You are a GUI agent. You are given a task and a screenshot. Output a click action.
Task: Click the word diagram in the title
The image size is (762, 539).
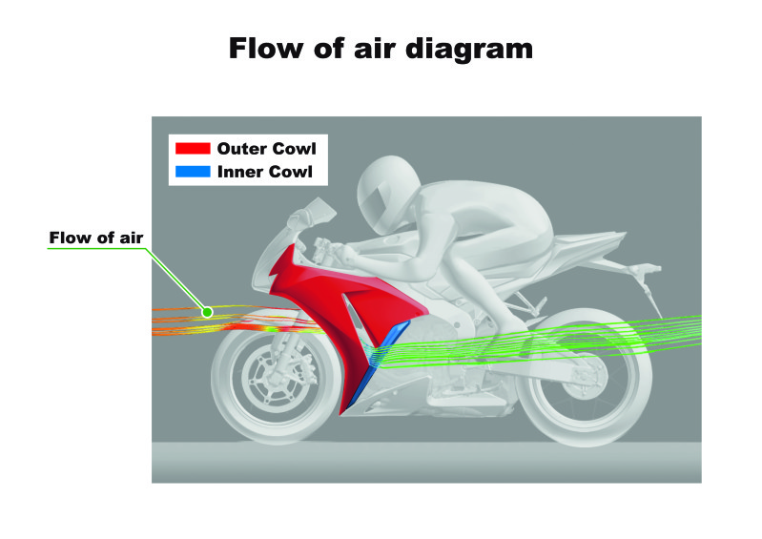(x=469, y=50)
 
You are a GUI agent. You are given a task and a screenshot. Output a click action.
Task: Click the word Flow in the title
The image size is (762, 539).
(x=266, y=48)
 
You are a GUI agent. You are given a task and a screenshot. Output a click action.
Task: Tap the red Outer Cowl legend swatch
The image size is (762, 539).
(x=193, y=148)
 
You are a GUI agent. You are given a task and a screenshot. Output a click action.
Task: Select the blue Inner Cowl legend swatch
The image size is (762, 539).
(x=193, y=172)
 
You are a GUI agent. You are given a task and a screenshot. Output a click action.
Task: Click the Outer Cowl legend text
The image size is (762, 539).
(x=266, y=148)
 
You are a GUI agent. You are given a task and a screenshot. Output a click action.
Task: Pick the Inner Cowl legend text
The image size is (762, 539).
(x=265, y=172)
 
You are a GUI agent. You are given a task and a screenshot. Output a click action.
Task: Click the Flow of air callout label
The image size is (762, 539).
(x=96, y=238)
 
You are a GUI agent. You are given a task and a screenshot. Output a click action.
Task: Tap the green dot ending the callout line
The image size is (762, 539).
(x=208, y=312)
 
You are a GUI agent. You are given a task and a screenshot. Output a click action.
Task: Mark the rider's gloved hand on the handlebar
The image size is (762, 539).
(x=347, y=254)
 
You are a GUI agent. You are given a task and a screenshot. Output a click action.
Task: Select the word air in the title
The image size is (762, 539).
(x=373, y=49)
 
